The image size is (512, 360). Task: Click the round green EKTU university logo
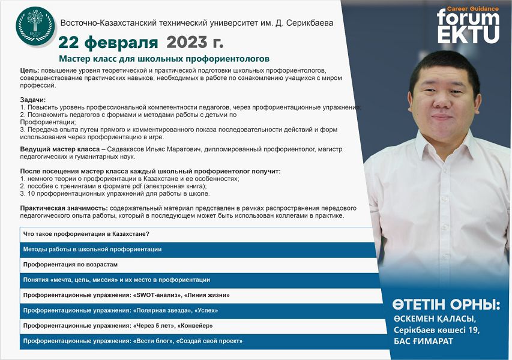click(x=35, y=26)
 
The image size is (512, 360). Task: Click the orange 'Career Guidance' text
click(x=473, y=9)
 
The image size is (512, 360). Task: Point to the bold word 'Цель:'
click(x=30, y=70)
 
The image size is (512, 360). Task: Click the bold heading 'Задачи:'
click(x=33, y=100)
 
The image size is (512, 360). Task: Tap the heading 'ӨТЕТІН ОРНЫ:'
click(x=446, y=305)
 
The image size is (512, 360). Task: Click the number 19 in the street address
click(x=473, y=330)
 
